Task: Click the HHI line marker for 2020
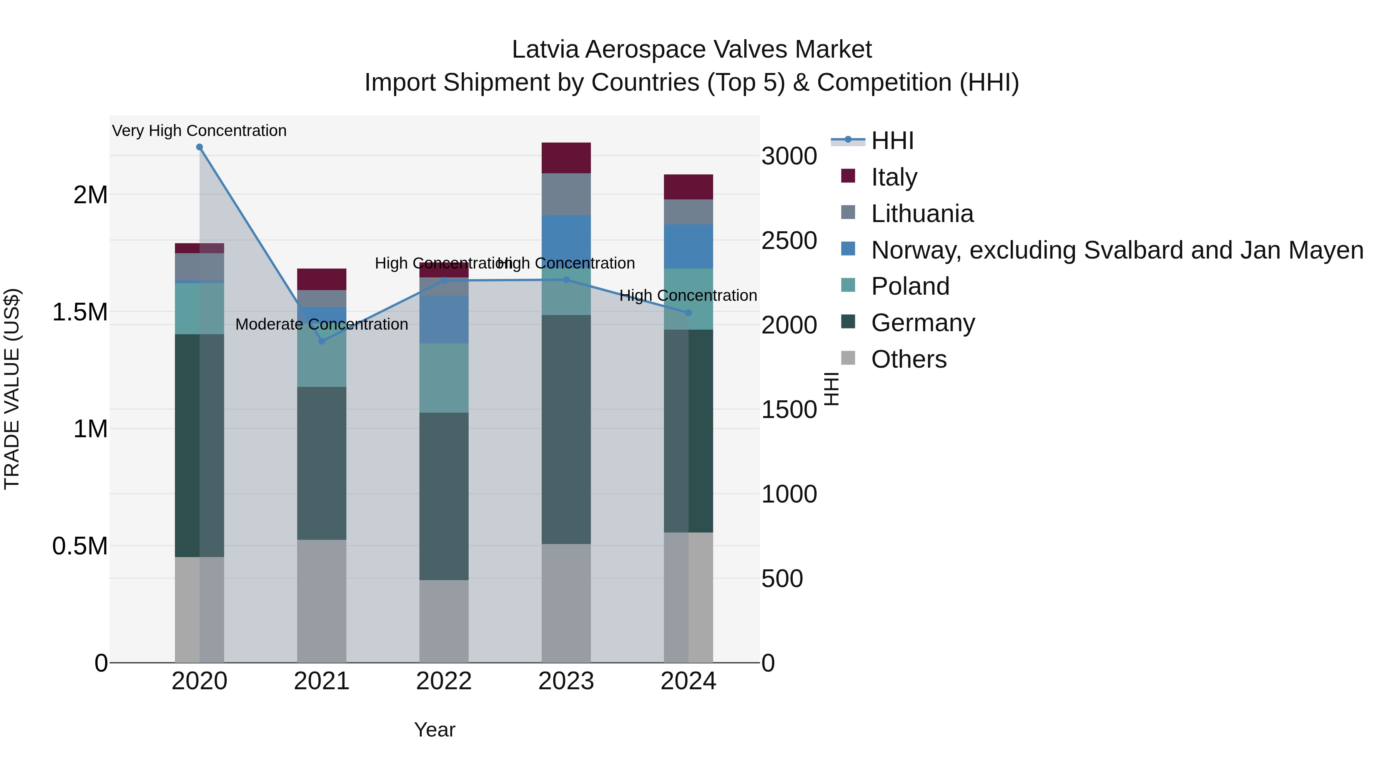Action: coord(199,147)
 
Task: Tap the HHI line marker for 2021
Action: coord(322,341)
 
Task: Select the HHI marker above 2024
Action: coord(688,312)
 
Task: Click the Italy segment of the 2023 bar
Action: coord(566,158)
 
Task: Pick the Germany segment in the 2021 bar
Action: coord(321,463)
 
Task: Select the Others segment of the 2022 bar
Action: coord(444,621)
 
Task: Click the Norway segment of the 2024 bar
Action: coord(688,246)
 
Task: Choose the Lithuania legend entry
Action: coord(922,214)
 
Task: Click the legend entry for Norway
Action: coord(1116,250)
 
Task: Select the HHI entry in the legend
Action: coord(892,141)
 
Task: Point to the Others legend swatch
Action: coord(848,358)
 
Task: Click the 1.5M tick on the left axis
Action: coord(80,312)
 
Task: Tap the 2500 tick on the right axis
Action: coord(789,241)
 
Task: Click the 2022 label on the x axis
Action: coord(444,681)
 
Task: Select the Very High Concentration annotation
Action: coord(199,131)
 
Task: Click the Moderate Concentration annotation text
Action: coord(321,324)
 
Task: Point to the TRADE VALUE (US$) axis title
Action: coord(12,389)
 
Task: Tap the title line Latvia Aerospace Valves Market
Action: coord(692,50)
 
